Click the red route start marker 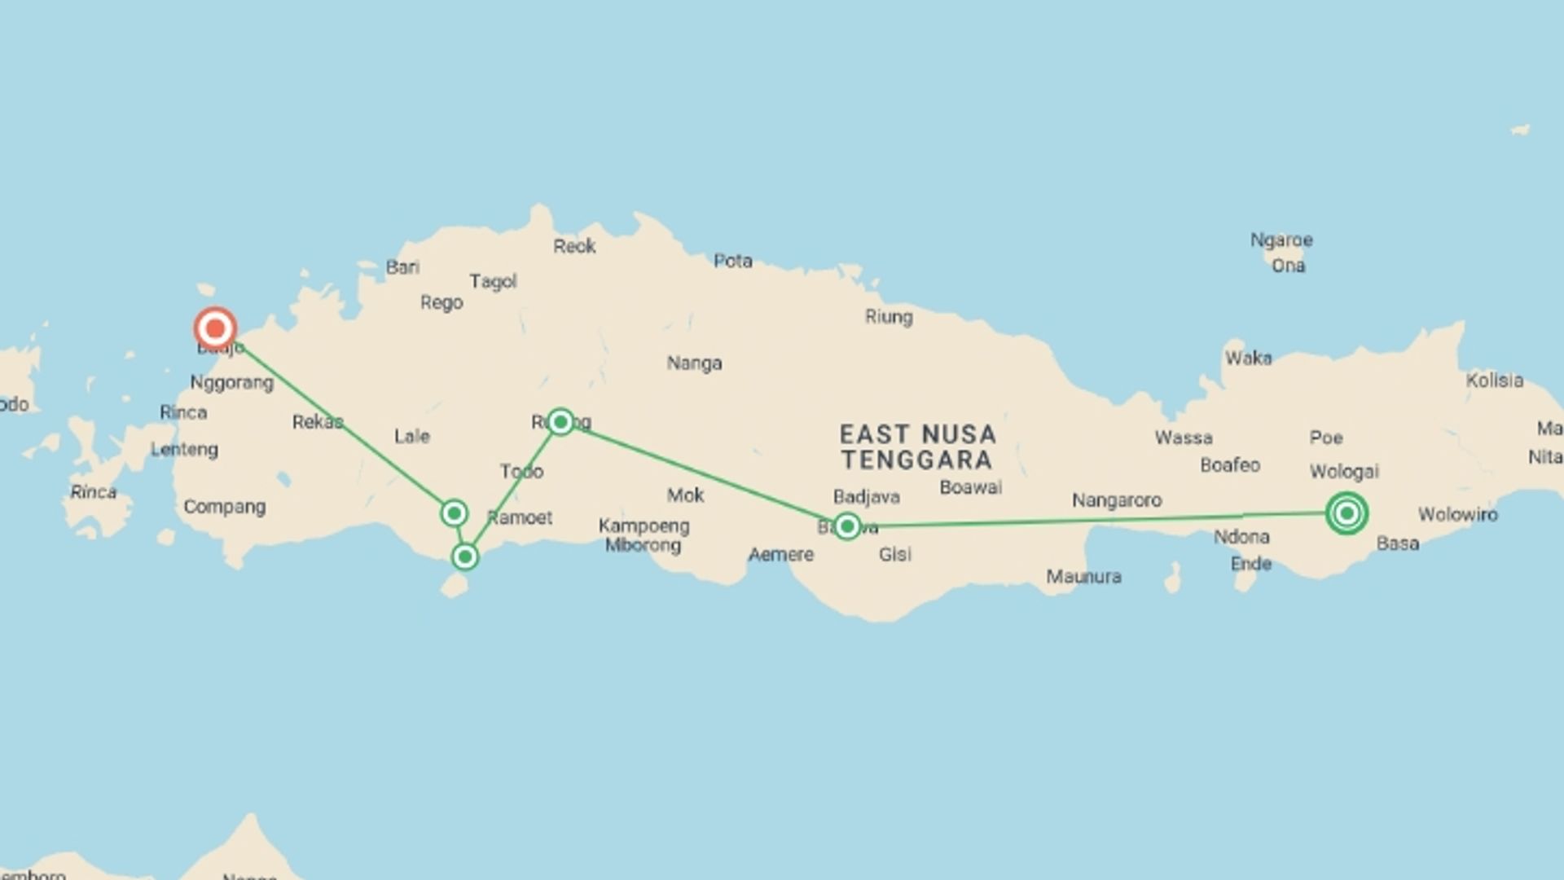(x=215, y=329)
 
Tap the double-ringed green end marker (x=1347, y=513)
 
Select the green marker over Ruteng (x=560, y=421)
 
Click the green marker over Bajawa (x=847, y=526)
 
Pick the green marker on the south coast (x=465, y=557)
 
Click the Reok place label (x=574, y=246)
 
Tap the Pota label (x=732, y=261)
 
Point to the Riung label (x=888, y=316)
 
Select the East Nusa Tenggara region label (x=917, y=447)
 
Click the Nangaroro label (x=1116, y=500)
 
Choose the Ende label (x=1250, y=563)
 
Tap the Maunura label (x=1083, y=577)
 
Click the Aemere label (x=780, y=555)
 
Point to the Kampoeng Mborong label (x=644, y=535)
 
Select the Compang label (x=224, y=507)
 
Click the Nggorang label (x=231, y=382)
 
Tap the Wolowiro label (x=1457, y=514)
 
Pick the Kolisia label (x=1494, y=381)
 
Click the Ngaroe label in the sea (x=1281, y=240)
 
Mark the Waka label (x=1248, y=358)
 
